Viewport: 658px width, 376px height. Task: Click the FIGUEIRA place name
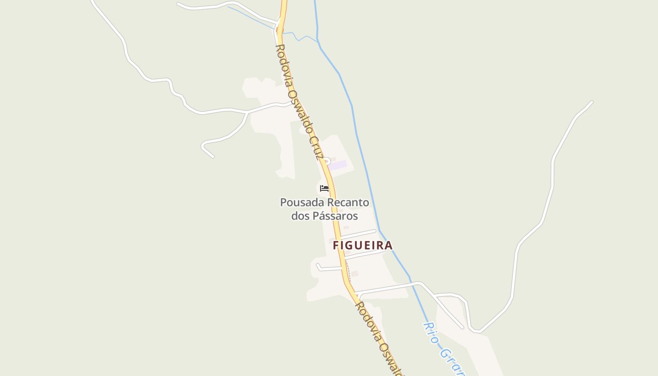click(362, 245)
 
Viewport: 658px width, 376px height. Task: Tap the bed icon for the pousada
click(324, 188)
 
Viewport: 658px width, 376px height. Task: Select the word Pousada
click(302, 203)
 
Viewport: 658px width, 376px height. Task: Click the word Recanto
click(348, 203)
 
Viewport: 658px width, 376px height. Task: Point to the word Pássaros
click(335, 216)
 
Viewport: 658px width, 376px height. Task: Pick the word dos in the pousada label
click(300, 216)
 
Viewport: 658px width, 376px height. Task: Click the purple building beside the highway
click(338, 165)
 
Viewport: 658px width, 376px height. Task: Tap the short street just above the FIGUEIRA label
click(358, 234)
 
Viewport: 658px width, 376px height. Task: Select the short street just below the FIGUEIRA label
click(365, 254)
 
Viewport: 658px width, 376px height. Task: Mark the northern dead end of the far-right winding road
click(591, 102)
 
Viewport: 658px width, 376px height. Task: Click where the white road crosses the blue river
click(413, 283)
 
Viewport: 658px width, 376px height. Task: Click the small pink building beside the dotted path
click(355, 274)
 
